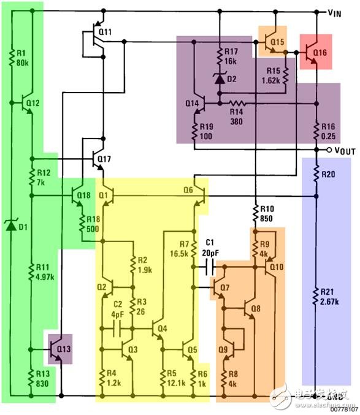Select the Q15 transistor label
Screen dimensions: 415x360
(x=278, y=42)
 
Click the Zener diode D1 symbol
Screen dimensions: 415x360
(x=10, y=225)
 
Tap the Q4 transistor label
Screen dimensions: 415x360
(x=162, y=329)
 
